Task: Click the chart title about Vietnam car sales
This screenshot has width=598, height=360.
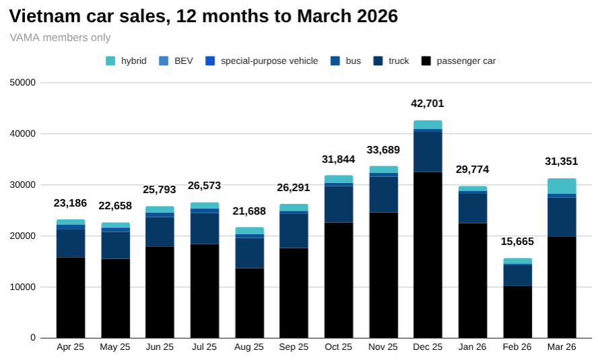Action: pos(204,16)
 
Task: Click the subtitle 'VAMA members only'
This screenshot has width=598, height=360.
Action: pos(61,38)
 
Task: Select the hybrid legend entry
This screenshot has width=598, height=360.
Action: pos(126,61)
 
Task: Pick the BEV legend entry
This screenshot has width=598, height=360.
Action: pos(176,61)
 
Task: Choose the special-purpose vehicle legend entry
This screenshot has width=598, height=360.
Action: pos(262,61)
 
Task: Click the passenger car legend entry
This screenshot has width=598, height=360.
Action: pos(459,61)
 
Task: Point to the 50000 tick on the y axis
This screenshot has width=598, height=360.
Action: pos(23,83)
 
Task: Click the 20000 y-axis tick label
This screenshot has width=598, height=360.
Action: pos(23,236)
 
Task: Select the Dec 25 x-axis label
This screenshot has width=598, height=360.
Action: pos(428,347)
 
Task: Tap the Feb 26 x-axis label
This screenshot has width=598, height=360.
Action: pos(517,347)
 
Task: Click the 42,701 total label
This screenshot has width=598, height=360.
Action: pos(428,104)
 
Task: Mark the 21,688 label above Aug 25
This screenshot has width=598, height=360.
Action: pos(249,211)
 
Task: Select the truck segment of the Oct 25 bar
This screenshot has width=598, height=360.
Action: pos(338,204)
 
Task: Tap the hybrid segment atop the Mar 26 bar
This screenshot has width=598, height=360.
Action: pos(562,186)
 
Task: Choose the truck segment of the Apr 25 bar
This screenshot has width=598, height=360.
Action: pos(71,243)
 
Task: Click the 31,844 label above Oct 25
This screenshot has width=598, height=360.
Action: pos(338,159)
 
